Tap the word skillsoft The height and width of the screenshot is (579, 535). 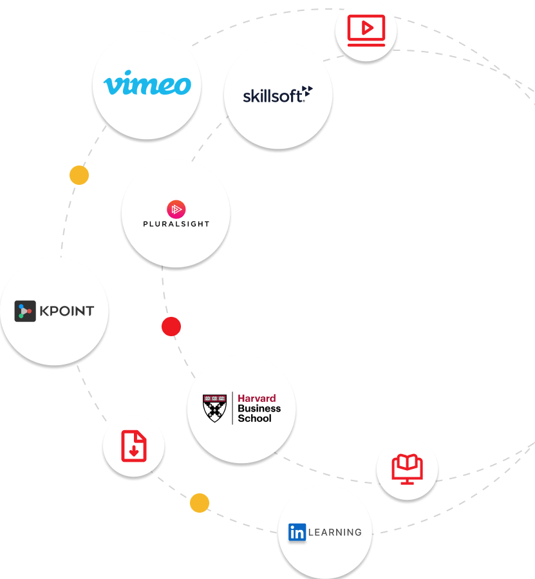click(273, 96)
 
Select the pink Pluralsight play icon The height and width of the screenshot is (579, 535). click(176, 209)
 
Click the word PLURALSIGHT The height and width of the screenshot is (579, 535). click(176, 224)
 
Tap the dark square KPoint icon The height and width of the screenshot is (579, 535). click(25, 311)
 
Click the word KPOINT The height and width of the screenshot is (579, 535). click(67, 311)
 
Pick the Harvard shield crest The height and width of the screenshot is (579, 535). click(214, 408)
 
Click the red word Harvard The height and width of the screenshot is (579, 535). click(257, 399)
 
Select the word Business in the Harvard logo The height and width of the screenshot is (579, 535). click(259, 408)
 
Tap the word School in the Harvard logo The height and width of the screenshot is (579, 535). click(254, 419)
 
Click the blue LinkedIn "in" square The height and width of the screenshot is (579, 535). click(297, 532)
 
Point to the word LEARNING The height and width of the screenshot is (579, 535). click(335, 532)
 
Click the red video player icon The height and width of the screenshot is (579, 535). click(366, 30)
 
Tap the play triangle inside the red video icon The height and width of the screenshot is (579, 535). click(368, 28)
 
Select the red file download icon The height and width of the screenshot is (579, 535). click(134, 446)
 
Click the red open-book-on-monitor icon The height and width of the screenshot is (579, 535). click(408, 469)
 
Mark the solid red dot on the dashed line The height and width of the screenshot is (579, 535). click(171, 327)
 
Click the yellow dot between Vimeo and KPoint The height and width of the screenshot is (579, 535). click(79, 175)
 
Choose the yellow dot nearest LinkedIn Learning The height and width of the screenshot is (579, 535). click(200, 503)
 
